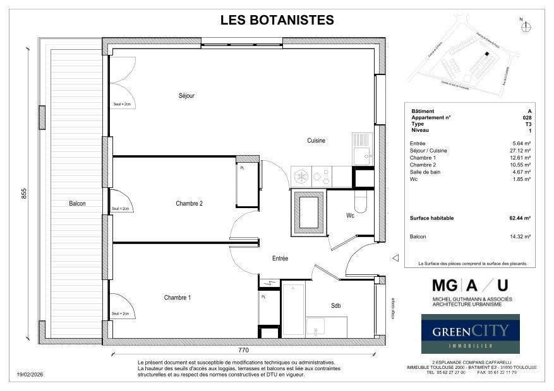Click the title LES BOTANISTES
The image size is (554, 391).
click(277, 20)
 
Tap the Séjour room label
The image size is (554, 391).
click(186, 96)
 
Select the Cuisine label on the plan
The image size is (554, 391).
click(316, 140)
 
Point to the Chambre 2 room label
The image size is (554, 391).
click(189, 203)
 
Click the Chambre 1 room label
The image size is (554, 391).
click(178, 298)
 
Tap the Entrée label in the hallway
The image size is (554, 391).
click(280, 259)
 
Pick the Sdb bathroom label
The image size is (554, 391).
click(336, 306)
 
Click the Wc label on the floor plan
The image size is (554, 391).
click(351, 216)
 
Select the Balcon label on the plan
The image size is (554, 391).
click(78, 204)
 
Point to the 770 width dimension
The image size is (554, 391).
click(243, 350)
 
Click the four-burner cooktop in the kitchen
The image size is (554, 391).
click(311, 175)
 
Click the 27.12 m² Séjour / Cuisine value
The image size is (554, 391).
click(520, 151)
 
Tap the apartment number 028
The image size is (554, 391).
click(527, 118)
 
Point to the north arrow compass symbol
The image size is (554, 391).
click(527, 26)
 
